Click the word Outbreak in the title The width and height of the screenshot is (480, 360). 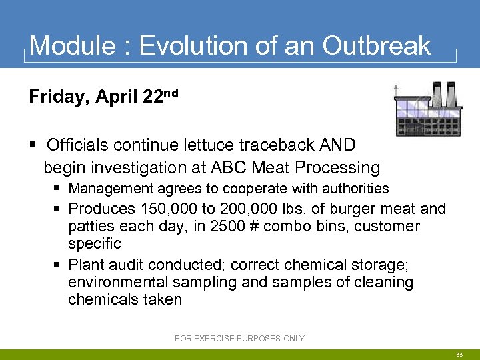point(377,46)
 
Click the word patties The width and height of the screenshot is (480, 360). point(91,226)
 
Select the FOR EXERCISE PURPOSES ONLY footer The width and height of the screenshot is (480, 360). point(239,339)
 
